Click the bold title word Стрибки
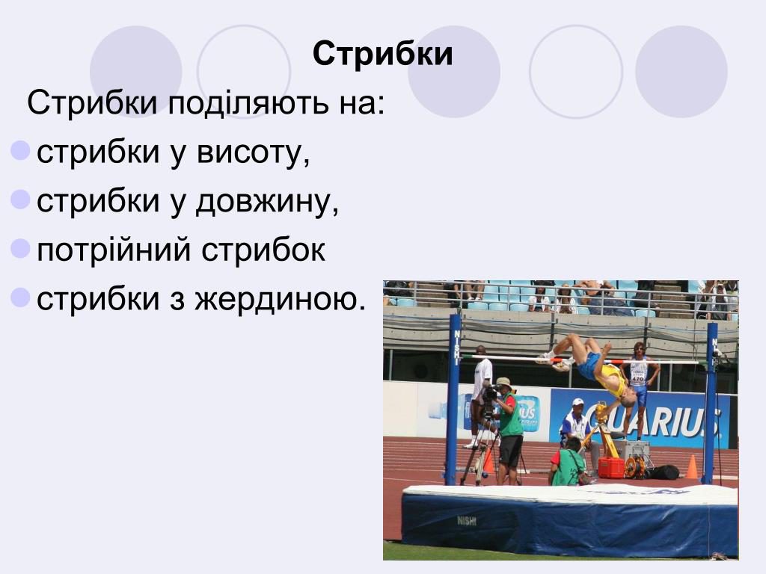point(382,54)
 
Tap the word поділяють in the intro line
point(244,103)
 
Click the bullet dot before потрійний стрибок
point(21,248)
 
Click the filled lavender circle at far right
point(681,72)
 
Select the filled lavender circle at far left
point(135,72)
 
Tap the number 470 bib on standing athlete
point(637,378)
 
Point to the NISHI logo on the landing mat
point(467,521)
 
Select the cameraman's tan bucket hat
point(505,383)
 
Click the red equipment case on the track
point(610,468)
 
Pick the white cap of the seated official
point(577,402)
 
